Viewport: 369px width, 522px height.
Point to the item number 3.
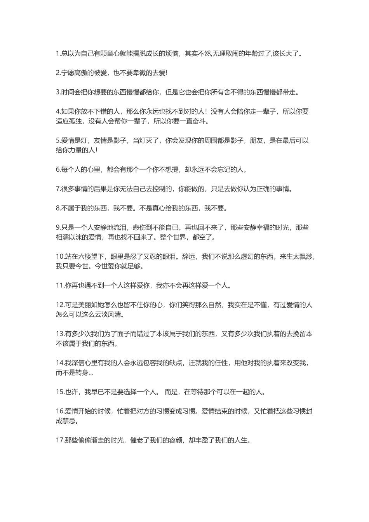(x=58, y=92)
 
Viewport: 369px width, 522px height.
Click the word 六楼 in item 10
(x=86, y=256)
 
